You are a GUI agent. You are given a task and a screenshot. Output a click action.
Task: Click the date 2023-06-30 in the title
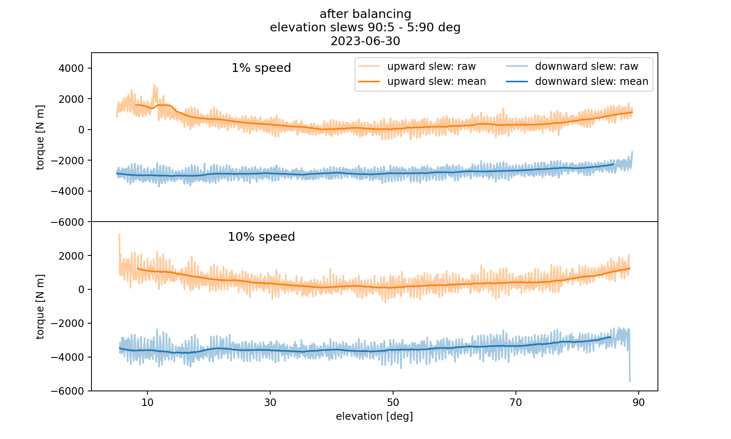pyautogui.click(x=365, y=41)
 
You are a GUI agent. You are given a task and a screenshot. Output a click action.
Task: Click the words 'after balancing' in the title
pyautogui.click(x=365, y=14)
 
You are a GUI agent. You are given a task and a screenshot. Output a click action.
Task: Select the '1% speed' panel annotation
pyautogui.click(x=261, y=68)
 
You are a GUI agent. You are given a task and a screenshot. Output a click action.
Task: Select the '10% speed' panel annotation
pyautogui.click(x=261, y=237)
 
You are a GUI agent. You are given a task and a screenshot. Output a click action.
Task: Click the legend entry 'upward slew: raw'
pyautogui.click(x=431, y=66)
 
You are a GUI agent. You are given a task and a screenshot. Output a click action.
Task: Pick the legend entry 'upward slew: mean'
pyautogui.click(x=436, y=82)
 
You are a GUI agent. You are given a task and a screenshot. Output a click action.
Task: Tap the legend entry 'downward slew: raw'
pyautogui.click(x=586, y=66)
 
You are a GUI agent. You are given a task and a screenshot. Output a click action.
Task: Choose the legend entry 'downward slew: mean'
pyautogui.click(x=591, y=82)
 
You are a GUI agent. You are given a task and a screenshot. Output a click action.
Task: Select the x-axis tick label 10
pyautogui.click(x=147, y=402)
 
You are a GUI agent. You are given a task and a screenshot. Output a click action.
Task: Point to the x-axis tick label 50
pyautogui.click(x=393, y=402)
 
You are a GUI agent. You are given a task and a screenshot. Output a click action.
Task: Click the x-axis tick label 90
pyautogui.click(x=639, y=402)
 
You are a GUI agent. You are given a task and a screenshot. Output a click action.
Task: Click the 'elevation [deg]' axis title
pyautogui.click(x=374, y=416)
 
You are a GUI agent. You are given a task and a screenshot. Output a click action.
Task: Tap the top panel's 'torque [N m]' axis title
pyautogui.click(x=40, y=137)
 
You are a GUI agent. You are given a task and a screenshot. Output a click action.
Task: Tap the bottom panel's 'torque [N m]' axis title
pyautogui.click(x=40, y=306)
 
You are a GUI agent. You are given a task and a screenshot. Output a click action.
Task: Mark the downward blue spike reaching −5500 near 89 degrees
pyautogui.click(x=629, y=379)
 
